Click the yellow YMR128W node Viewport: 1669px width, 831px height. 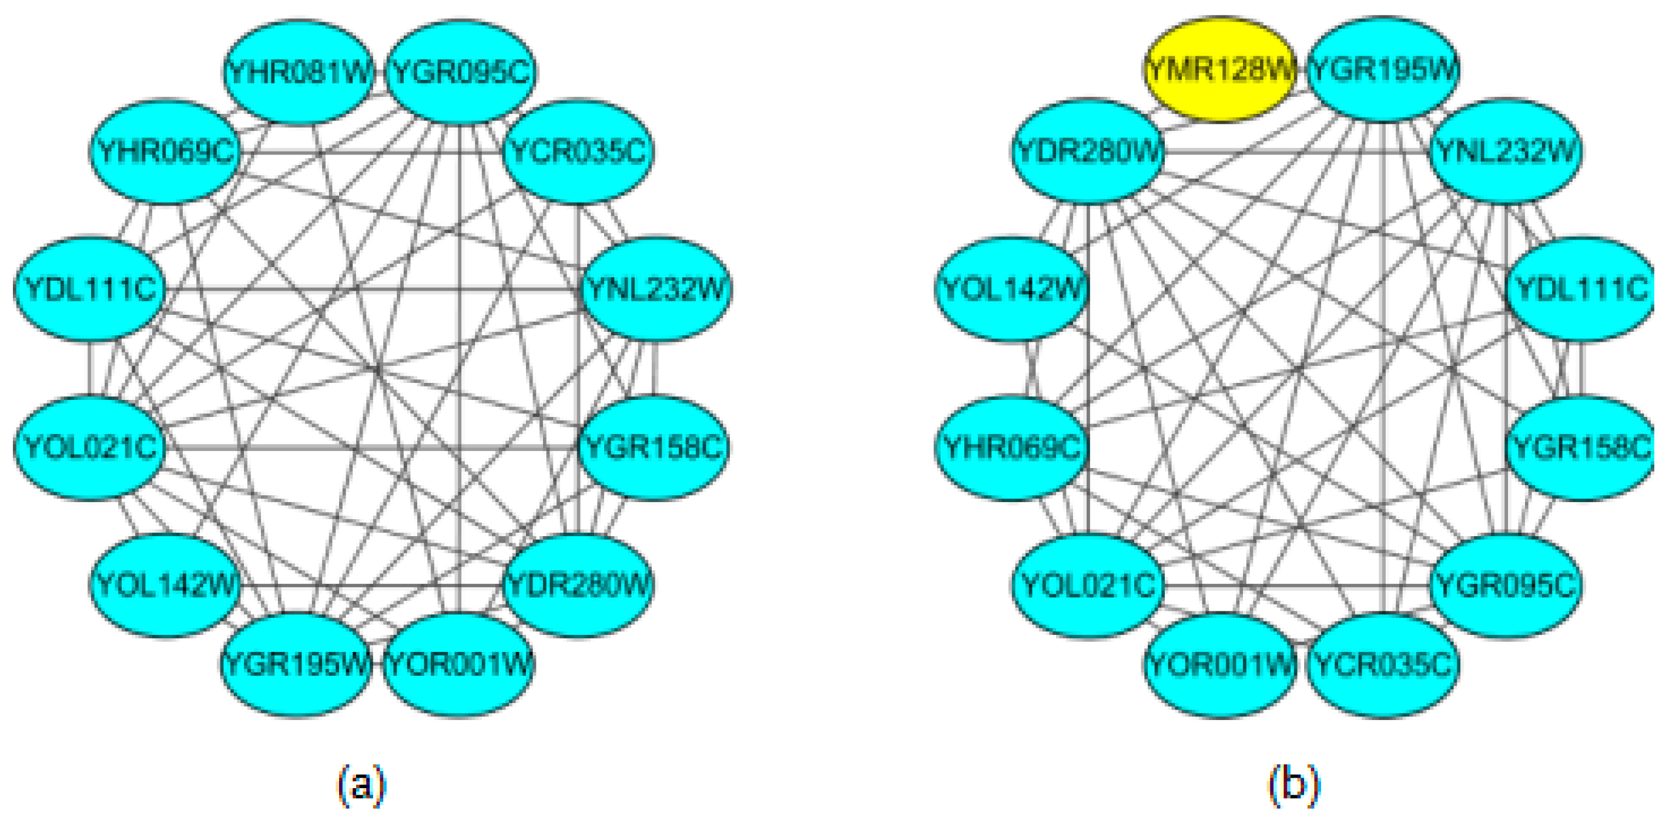(x=1219, y=70)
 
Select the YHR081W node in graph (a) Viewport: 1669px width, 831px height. (x=299, y=71)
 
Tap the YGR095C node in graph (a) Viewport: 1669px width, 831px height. (x=461, y=71)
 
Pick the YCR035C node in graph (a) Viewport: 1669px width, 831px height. (x=578, y=152)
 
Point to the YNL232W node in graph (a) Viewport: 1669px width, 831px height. (x=656, y=288)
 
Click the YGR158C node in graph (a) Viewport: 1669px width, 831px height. (x=653, y=447)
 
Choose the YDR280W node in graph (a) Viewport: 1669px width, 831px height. (x=578, y=585)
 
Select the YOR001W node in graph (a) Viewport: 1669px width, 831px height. (x=459, y=664)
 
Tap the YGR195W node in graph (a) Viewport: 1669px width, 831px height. (x=296, y=664)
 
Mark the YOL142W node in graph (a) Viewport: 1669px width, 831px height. (x=165, y=585)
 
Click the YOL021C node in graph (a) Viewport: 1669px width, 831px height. (x=90, y=447)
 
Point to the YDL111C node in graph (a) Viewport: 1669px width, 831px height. (x=90, y=288)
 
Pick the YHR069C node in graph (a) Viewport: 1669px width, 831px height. (x=165, y=152)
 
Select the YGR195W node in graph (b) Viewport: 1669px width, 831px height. (x=1383, y=70)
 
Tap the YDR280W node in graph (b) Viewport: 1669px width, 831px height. (x=1088, y=152)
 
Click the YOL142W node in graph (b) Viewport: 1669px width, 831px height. (x=1012, y=288)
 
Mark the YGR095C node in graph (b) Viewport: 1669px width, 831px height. (x=1506, y=585)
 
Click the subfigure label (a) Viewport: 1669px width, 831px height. (x=361, y=785)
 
